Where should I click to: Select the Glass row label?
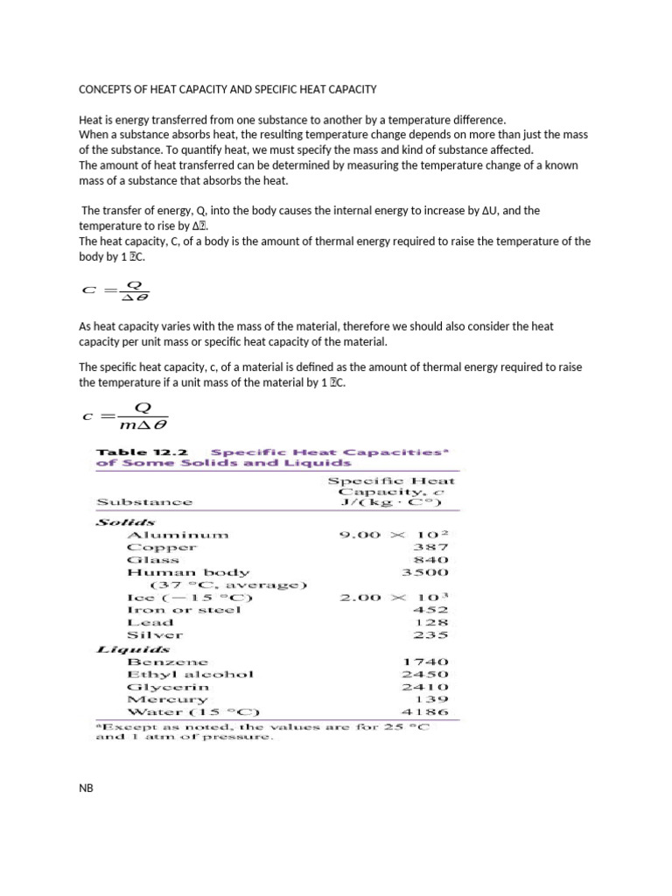[153, 560]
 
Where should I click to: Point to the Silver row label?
[155, 635]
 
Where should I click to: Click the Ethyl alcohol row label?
[191, 674]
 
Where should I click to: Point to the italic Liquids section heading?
[132, 649]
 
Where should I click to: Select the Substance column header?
[143, 502]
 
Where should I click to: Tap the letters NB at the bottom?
[86, 788]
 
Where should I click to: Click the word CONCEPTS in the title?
[106, 89]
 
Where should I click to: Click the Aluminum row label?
[178, 535]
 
